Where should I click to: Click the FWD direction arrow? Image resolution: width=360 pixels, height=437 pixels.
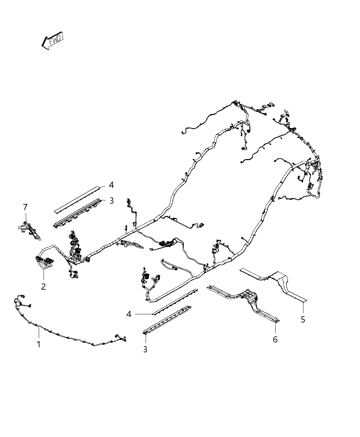52,40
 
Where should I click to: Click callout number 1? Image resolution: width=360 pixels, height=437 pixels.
39,344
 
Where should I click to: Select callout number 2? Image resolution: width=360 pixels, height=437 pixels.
43,287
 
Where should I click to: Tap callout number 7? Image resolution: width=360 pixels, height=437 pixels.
25,207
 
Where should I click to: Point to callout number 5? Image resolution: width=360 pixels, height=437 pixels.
303,319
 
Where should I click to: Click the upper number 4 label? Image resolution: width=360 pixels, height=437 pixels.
111,185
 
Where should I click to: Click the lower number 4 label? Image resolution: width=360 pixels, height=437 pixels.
129,314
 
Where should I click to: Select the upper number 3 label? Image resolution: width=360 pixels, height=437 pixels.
112,201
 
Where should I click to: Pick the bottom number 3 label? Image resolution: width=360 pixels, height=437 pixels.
145,349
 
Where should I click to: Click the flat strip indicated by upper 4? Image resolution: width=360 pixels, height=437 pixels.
77,200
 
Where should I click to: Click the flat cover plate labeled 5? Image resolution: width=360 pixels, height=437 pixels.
273,285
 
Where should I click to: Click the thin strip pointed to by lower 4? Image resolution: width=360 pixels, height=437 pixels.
175,302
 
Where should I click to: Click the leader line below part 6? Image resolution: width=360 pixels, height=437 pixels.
275,328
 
